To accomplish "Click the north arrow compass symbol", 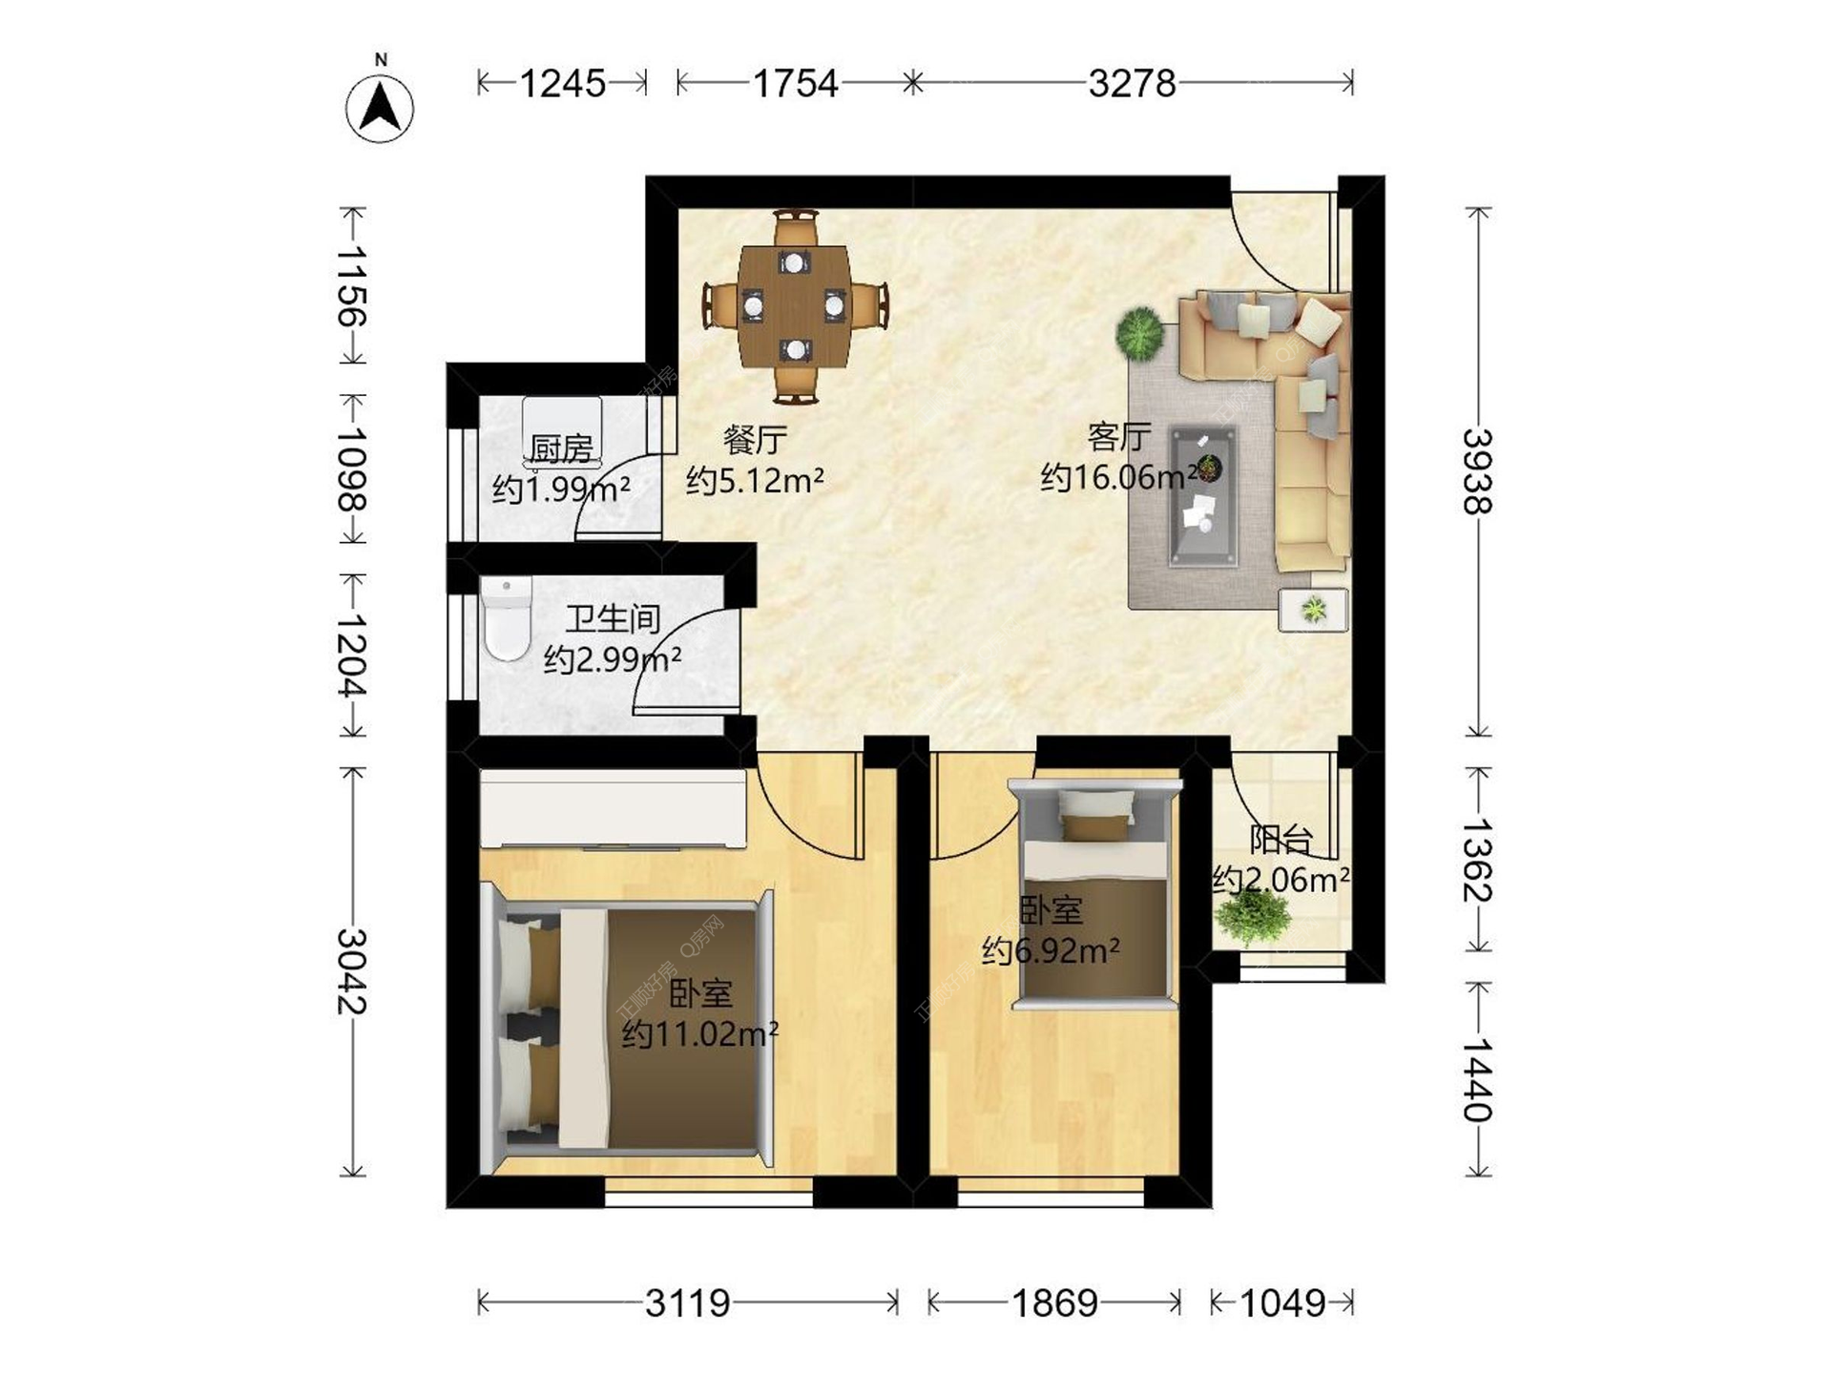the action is point(380,107).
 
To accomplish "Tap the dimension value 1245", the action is point(563,84).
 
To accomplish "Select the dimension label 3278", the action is point(1133,84).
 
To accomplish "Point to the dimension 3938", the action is point(1477,471).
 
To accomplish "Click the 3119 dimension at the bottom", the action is point(687,1302).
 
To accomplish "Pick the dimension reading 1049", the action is point(1282,1302).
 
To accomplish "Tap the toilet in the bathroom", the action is point(506,618).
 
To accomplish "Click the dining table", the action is point(796,306).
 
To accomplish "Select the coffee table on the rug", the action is point(1205,496).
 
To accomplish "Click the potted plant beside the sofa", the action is point(1139,333).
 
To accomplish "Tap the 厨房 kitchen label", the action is point(561,448).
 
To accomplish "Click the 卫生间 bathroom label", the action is point(613,618).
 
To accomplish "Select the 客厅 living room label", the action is point(1118,437).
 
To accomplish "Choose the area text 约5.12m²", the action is point(755,480).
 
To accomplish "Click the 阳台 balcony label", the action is point(1281,840).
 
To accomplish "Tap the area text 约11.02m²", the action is point(700,1033).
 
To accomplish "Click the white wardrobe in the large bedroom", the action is point(613,809).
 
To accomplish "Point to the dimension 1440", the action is point(1477,1079).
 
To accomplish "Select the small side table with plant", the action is point(1313,610).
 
